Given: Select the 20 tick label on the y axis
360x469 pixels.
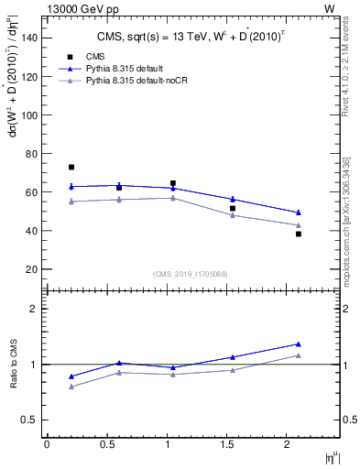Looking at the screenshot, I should [x=31, y=269].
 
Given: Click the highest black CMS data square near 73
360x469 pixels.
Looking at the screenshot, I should [x=71, y=167].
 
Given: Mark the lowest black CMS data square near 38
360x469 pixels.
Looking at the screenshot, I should [x=299, y=234].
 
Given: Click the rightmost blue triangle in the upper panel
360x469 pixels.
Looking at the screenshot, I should [x=299, y=213].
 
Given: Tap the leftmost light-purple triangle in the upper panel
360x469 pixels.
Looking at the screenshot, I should [x=71, y=202].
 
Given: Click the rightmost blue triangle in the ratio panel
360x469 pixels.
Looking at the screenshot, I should [x=299, y=344].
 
